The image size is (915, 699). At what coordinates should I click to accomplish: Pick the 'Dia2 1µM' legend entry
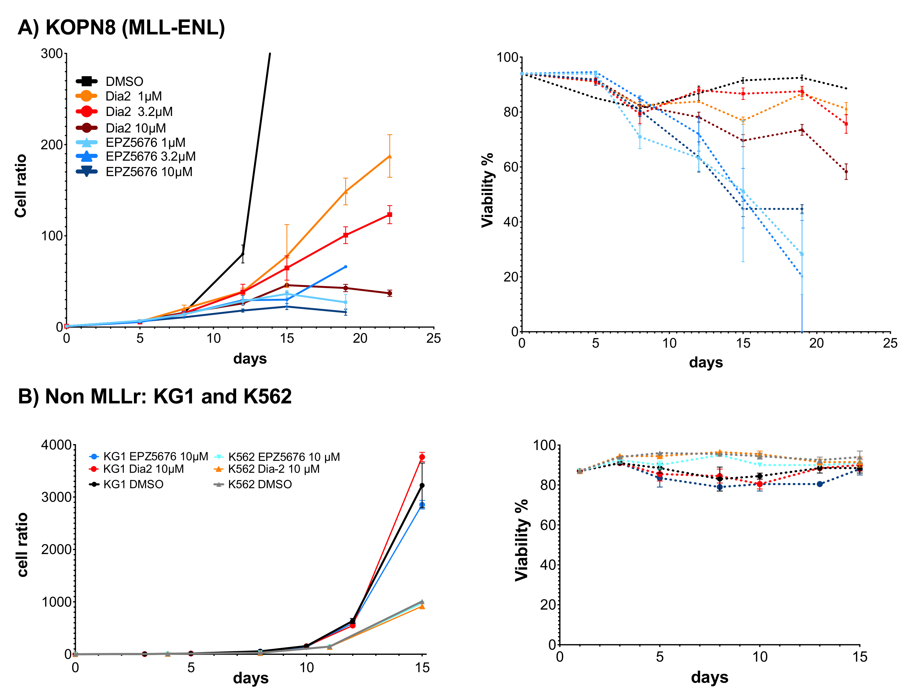(119, 96)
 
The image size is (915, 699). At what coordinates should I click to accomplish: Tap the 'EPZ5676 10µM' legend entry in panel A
(134, 172)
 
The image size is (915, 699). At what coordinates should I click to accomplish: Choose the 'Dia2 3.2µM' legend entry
(124, 112)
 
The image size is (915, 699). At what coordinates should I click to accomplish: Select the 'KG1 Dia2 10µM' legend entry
(137, 469)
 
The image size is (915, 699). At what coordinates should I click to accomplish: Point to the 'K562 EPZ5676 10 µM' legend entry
(277, 457)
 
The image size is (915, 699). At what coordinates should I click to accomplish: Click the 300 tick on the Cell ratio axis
(51, 54)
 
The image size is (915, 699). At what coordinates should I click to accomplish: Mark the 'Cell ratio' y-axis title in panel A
(20, 186)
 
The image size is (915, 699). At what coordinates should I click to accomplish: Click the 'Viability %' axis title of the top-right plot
(487, 190)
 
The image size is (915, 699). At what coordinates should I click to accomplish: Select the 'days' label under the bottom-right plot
(710, 677)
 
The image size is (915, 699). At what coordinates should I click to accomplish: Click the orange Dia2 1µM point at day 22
(390, 156)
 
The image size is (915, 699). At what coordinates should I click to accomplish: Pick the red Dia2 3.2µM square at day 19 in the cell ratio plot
(346, 235)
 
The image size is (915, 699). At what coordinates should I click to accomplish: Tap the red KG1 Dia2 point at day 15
(422, 457)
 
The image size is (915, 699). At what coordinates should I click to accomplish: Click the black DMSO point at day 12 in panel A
(243, 254)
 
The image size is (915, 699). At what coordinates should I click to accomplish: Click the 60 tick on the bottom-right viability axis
(548, 525)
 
